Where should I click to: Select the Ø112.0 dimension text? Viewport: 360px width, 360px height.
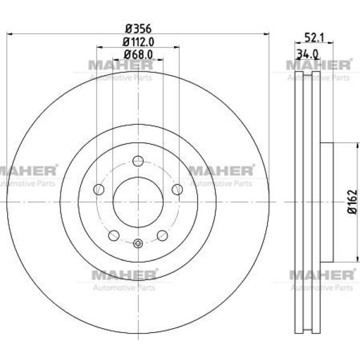(x=139, y=41)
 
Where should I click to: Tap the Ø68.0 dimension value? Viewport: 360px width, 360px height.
(x=139, y=54)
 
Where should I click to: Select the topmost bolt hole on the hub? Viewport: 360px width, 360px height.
(x=138, y=161)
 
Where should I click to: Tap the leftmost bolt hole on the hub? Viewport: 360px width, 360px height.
(x=99, y=190)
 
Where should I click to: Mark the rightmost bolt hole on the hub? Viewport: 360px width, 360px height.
(x=177, y=190)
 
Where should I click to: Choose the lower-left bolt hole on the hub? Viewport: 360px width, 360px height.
(x=114, y=235)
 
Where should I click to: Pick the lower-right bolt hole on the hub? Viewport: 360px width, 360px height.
(x=162, y=235)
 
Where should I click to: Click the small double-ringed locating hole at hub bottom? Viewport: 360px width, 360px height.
(x=138, y=243)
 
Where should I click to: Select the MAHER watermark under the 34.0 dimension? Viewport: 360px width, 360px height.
(x=318, y=65)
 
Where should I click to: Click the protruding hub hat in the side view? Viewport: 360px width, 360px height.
(x=327, y=202)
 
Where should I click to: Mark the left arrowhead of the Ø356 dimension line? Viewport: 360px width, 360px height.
(x=8, y=35)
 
